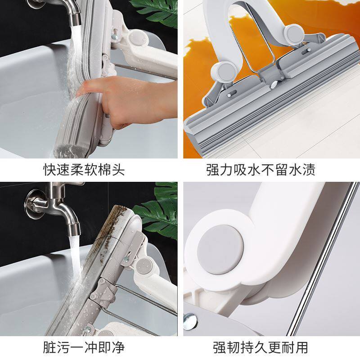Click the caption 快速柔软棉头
tap(84, 170)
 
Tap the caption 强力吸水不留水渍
tap(261, 170)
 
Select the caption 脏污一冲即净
tap(84, 347)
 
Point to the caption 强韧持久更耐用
tap(261, 347)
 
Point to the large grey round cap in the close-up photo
tap(220, 250)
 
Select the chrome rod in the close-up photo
tap(321, 260)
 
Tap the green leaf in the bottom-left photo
tap(158, 213)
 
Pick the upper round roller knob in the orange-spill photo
tap(294, 34)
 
